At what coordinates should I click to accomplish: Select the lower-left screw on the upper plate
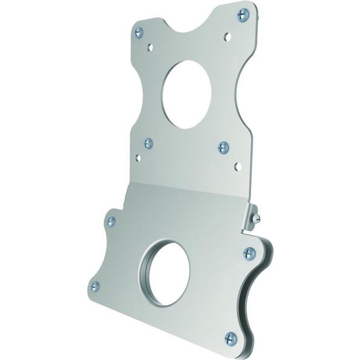coord(148,143)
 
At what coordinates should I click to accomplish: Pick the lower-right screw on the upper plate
coord(223,147)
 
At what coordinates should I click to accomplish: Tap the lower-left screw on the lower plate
coord(95,286)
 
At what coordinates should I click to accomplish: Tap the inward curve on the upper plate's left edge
coord(137,94)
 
